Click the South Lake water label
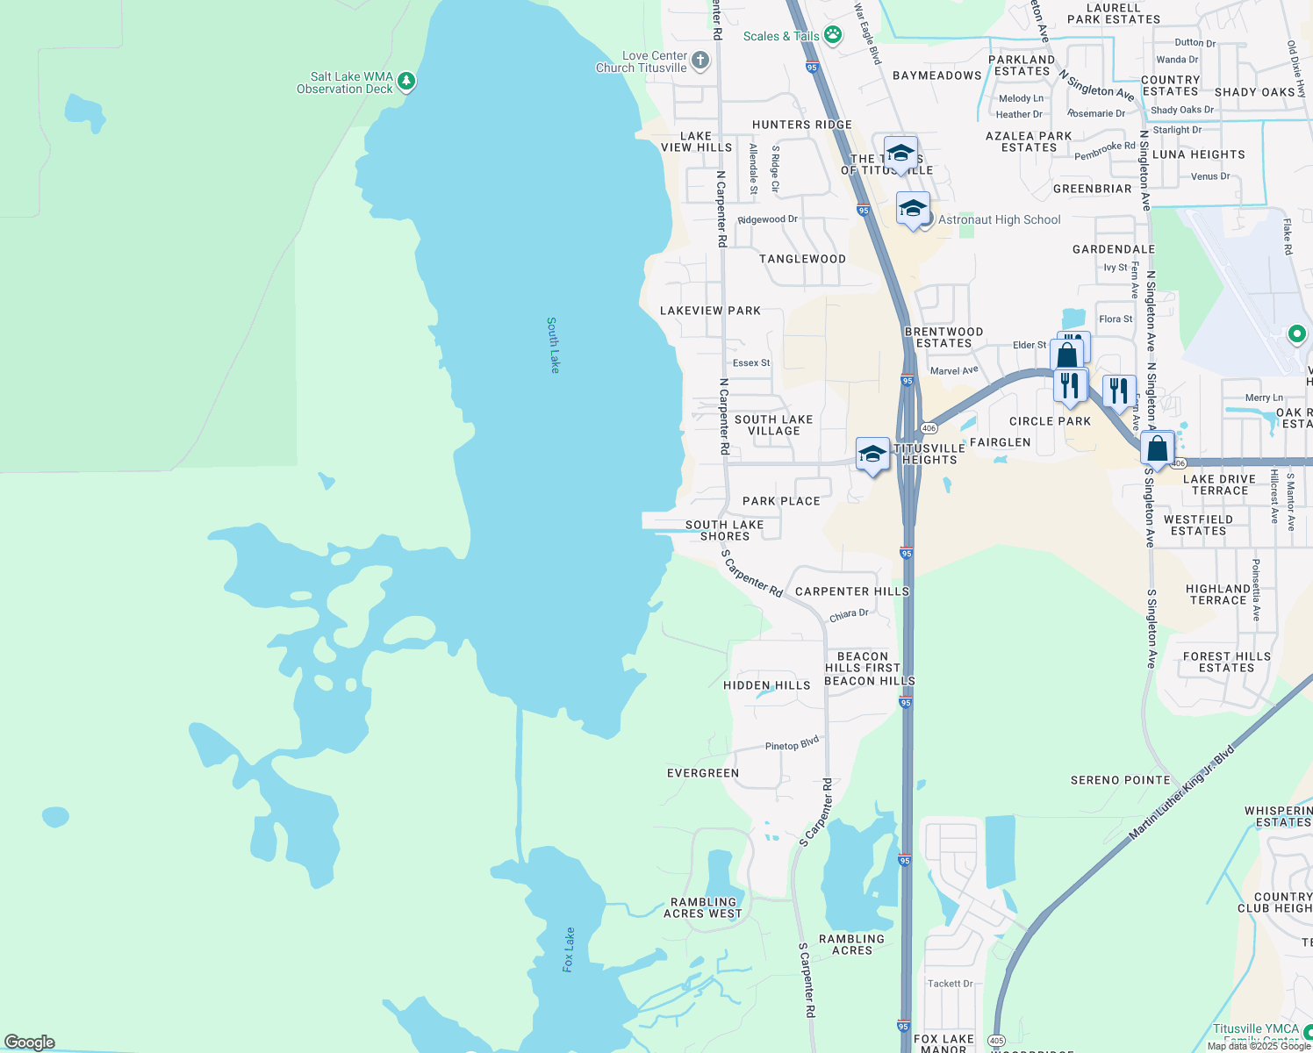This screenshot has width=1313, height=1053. (553, 345)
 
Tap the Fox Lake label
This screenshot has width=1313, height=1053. (569, 949)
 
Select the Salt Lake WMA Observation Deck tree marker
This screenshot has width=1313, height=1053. (405, 82)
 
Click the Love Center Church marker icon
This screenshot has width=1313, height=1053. (700, 61)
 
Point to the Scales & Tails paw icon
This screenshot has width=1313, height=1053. (832, 36)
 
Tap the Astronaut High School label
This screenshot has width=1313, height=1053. (999, 220)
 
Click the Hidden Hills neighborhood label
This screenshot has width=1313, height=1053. (767, 685)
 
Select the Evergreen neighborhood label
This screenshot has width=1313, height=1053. (703, 773)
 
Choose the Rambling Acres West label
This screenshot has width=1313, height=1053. (703, 908)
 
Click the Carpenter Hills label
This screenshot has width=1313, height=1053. (851, 591)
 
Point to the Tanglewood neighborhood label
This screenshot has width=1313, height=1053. (802, 259)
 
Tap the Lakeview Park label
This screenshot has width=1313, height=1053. (710, 311)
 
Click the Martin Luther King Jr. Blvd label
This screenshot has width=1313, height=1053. (1182, 792)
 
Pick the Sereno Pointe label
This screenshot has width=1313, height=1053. (1120, 780)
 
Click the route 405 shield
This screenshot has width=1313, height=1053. (996, 1041)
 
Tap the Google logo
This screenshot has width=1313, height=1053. (30, 1042)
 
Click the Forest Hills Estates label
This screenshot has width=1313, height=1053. (1226, 662)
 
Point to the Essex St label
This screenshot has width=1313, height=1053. (751, 362)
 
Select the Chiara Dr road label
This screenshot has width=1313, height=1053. (849, 614)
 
